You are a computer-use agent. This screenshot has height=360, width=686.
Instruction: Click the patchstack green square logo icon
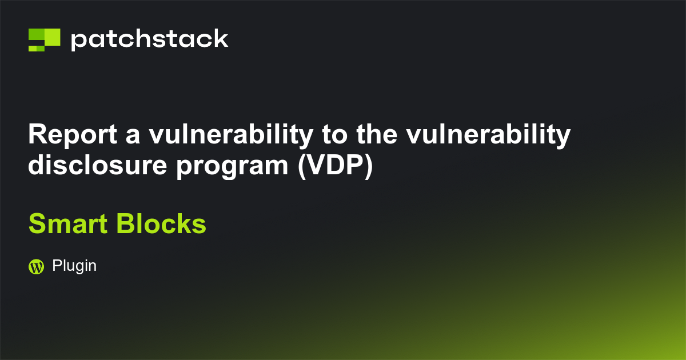pos(44,39)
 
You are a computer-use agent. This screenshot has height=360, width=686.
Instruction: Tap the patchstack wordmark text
pos(149,40)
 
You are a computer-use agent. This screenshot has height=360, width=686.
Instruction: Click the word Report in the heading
pos(73,135)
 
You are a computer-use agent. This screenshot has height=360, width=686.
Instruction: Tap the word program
pos(226,166)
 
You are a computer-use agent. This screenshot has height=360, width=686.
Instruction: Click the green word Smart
pos(69,224)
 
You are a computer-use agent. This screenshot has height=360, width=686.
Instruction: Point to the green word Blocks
pos(161,224)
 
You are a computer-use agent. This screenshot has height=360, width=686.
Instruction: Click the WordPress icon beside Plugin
pos(36,266)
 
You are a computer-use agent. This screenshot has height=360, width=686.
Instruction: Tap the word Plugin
pos(74,266)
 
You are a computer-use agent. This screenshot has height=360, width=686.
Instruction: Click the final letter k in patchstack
pos(222,39)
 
